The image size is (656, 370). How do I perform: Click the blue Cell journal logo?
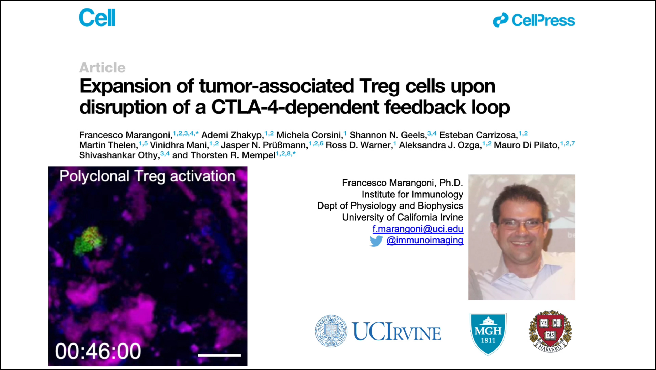tap(97, 17)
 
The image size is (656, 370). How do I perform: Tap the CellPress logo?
tap(534, 20)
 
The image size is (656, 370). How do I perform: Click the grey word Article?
tap(102, 68)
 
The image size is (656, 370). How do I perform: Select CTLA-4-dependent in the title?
tap(295, 107)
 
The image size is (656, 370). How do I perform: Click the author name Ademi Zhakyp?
tap(232, 135)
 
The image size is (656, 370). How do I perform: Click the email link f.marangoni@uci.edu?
tap(418, 229)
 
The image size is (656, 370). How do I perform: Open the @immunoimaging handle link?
tap(425, 240)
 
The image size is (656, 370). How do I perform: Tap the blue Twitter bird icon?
tap(376, 241)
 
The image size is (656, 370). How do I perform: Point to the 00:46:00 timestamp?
tap(98, 351)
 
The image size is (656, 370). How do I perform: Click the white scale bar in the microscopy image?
tap(219, 355)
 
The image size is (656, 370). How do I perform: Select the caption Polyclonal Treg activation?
tap(147, 176)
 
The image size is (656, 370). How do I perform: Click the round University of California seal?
tap(331, 331)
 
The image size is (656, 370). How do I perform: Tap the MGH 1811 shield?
tap(488, 333)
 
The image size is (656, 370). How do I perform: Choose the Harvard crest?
tap(550, 331)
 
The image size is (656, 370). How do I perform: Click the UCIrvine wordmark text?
tap(396, 331)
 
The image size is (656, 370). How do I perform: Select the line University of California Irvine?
tap(403, 217)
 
